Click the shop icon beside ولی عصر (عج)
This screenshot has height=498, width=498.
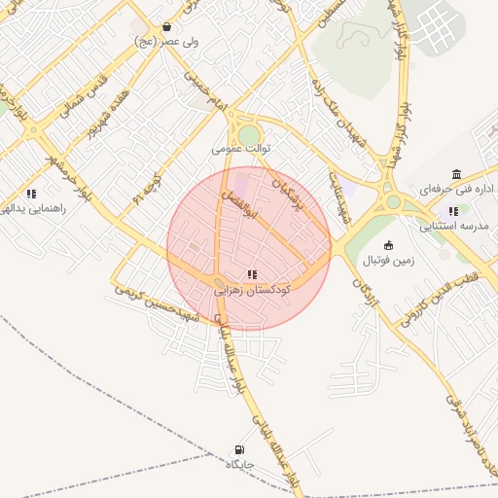point(168,27)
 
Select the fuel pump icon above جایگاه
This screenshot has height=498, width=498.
point(239,449)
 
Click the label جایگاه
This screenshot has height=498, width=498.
point(239,464)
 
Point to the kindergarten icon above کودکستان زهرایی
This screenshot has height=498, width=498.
point(252,275)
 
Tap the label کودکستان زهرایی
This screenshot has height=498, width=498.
point(252,290)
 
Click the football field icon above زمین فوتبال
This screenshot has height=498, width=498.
point(389,245)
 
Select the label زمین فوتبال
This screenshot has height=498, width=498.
point(389,260)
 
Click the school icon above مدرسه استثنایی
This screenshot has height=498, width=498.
point(453,211)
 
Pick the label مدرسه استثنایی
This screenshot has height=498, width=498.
point(454,227)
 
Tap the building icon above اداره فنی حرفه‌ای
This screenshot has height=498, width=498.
point(457,174)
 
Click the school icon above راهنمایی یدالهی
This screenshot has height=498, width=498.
point(32,194)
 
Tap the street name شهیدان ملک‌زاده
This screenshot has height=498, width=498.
point(330,103)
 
